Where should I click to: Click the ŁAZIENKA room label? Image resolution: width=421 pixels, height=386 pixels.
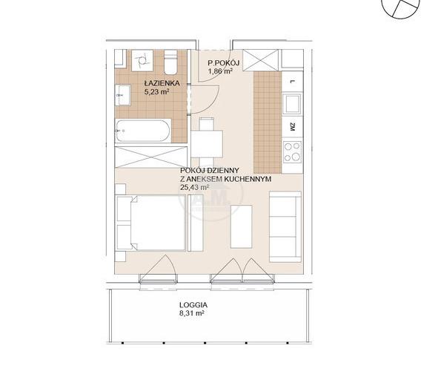click(162, 83)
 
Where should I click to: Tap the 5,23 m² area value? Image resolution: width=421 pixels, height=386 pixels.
click(157, 92)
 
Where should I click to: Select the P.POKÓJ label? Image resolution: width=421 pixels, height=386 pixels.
click(224, 63)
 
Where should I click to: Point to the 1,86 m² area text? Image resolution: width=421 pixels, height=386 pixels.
click(220, 71)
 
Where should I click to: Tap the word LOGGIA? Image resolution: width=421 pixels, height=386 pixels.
click(193, 305)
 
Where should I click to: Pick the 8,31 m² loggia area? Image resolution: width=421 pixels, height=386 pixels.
click(192, 313)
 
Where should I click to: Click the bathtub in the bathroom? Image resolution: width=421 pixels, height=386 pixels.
click(143, 131)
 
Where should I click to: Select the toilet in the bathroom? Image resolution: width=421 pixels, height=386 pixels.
click(170, 62)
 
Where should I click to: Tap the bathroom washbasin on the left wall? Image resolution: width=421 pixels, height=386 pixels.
click(123, 95)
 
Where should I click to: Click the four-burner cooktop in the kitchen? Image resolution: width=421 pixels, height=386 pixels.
click(292, 152)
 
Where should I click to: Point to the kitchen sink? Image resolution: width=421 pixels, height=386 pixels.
click(292, 104)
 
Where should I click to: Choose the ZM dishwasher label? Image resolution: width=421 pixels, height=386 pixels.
click(293, 126)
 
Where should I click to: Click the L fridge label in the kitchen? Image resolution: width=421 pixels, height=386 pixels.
click(293, 82)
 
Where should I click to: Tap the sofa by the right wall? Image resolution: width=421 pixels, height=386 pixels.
click(285, 226)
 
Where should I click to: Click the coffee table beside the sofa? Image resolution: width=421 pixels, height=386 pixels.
click(242, 226)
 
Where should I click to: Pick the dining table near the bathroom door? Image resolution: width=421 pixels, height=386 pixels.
click(207, 144)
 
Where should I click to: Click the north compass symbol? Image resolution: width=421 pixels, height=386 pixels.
click(400, 8)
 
